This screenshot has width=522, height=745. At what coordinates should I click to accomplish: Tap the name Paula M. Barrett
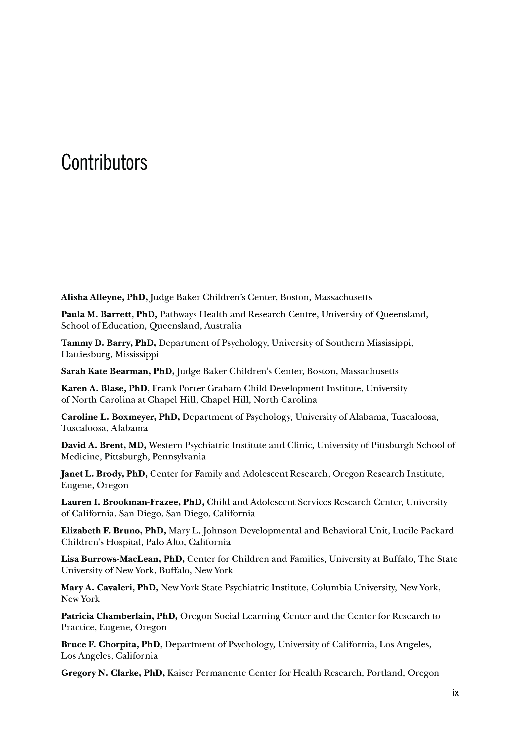[97, 314]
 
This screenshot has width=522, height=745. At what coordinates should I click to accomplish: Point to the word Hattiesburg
[87, 354]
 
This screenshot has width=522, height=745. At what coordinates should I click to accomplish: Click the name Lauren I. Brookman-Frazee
[121, 502]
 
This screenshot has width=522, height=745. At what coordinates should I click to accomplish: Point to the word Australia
[223, 326]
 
